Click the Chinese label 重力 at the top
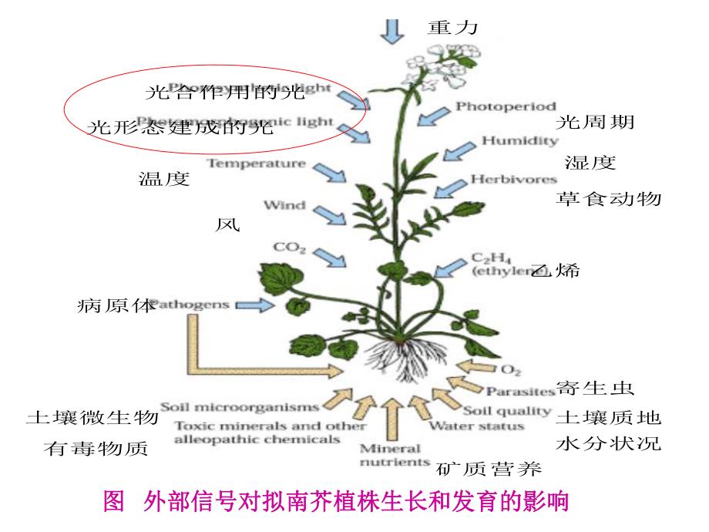[453, 29]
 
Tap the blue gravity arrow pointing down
[393, 29]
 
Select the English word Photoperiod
[505, 106]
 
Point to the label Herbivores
[514, 180]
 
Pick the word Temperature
[256, 163]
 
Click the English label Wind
[284, 205]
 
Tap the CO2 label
[290, 247]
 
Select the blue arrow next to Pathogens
[254, 305]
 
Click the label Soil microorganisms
[239, 406]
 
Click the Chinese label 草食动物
[608, 199]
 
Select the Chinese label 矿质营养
[489, 468]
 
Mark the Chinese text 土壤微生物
[92, 418]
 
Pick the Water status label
[476, 426]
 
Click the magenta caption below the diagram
[336, 503]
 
